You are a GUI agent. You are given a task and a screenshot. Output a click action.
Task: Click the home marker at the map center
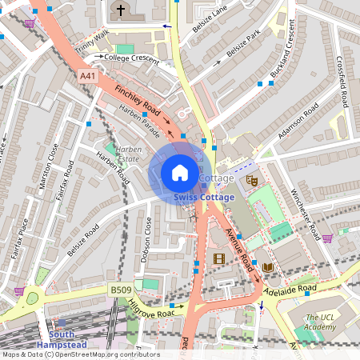click(180, 172)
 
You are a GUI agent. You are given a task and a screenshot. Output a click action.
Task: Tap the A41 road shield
click(88, 76)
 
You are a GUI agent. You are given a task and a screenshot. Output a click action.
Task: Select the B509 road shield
click(119, 288)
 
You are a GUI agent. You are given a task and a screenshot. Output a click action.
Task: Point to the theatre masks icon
click(251, 181)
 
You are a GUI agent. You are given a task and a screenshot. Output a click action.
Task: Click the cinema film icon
click(219, 258)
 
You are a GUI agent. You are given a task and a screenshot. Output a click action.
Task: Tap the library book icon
click(267, 266)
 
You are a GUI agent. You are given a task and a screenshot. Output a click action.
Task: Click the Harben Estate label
click(126, 153)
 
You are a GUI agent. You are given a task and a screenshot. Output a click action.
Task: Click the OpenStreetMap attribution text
click(80, 354)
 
